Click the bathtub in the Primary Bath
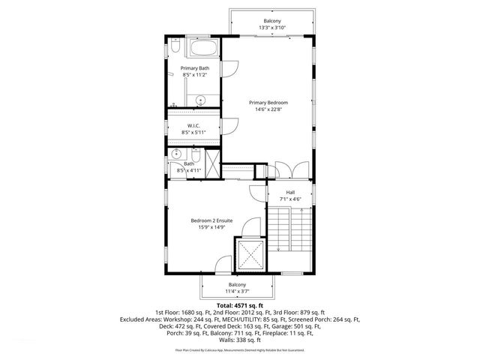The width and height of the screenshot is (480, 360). point(202,51)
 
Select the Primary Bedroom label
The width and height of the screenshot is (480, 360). point(268,103)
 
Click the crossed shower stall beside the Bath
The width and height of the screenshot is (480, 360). point(212,163)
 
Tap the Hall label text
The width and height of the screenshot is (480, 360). point(290,192)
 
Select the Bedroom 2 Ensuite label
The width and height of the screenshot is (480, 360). point(211,220)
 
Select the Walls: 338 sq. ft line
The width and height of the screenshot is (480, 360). point(239,339)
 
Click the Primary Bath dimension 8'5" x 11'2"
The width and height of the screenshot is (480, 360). point(195,75)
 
